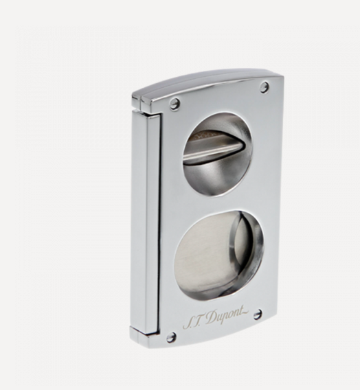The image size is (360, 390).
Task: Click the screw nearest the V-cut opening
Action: tap(175, 104)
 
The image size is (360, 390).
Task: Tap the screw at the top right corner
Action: tap(265, 87)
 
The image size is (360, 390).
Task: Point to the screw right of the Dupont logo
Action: tap(258, 314)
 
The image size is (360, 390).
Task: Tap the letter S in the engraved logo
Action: tap(187, 323)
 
